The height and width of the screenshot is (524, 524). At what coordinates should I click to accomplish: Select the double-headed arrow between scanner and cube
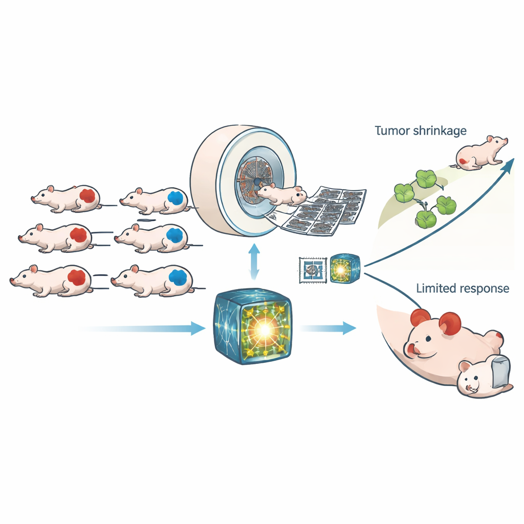pos(252,261)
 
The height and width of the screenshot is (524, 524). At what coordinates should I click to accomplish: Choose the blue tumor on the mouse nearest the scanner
pos(177,198)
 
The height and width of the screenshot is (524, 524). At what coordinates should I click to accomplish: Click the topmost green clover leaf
pos(426,179)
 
